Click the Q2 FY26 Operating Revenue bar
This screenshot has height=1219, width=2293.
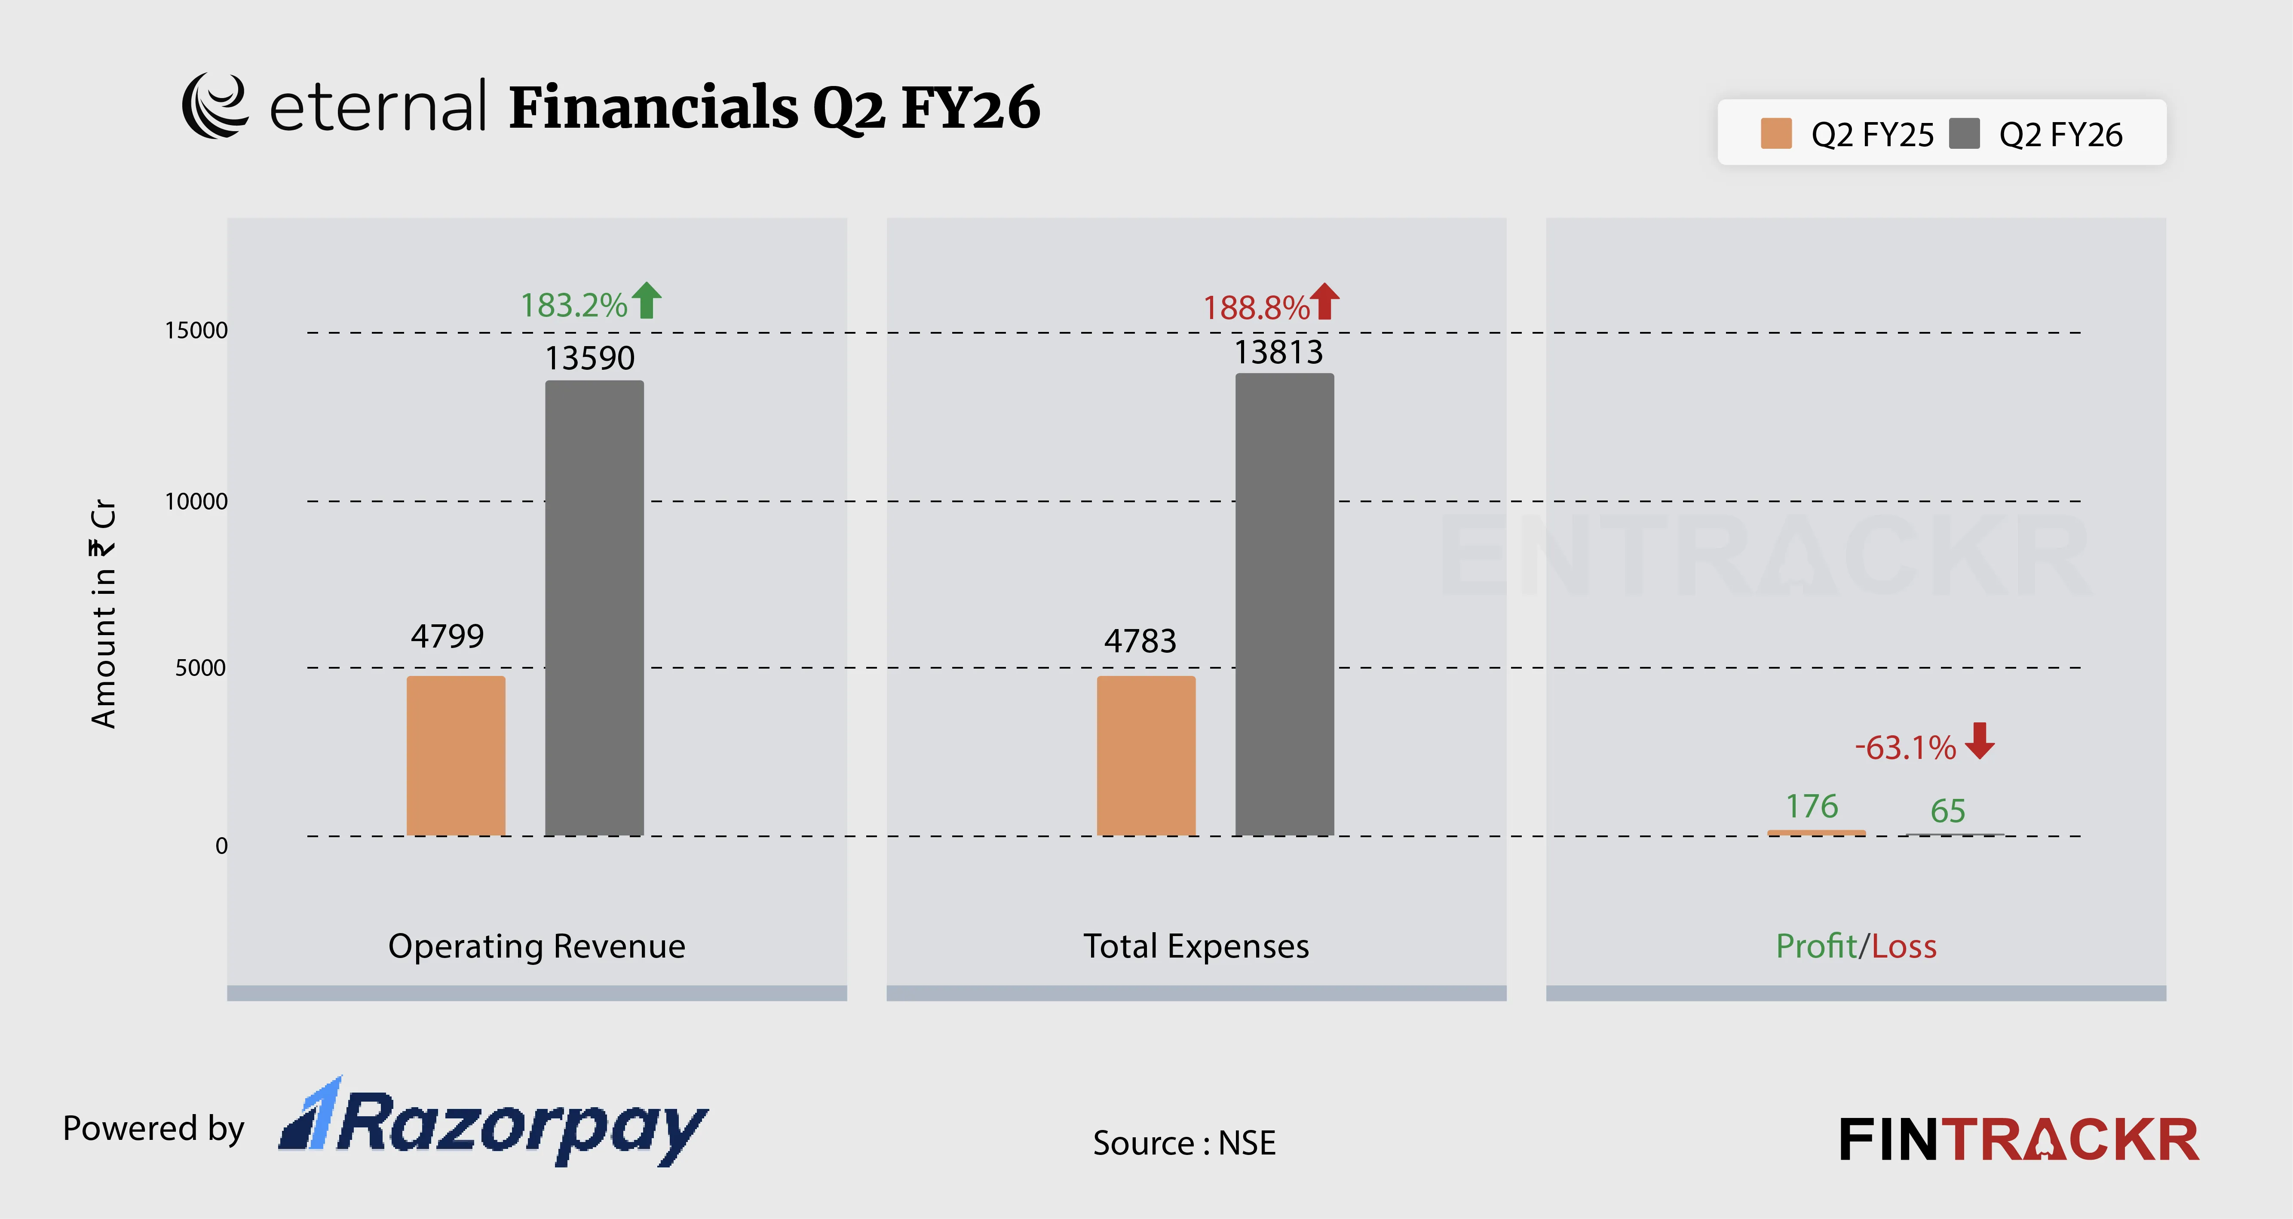coord(594,608)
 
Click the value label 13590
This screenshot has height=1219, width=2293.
coord(589,358)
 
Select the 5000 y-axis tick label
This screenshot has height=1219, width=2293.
coord(200,668)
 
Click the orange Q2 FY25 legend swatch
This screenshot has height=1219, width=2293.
coord(1776,134)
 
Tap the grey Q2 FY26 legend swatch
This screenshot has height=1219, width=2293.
coord(1964,134)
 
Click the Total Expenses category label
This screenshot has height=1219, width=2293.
coord(1196,946)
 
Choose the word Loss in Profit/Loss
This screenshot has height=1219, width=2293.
coord(1904,946)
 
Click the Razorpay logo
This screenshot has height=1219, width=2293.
coord(494,1124)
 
